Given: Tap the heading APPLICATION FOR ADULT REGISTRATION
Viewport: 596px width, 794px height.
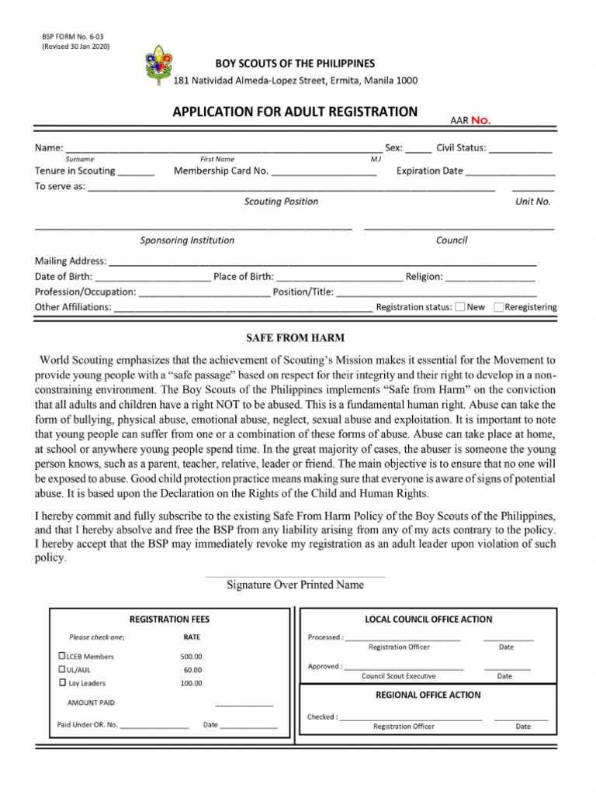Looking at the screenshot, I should pyautogui.click(x=295, y=112).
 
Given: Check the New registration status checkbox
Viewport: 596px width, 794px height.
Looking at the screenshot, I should pyautogui.click(x=460, y=307).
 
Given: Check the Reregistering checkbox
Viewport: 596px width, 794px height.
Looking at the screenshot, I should pyautogui.click(x=498, y=307).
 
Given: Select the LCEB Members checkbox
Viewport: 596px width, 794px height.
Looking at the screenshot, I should pyautogui.click(x=63, y=656).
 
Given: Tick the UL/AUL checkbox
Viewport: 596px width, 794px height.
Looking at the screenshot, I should pyautogui.click(x=63, y=669).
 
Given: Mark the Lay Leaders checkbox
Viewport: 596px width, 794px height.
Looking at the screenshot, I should pyautogui.click(x=63, y=683).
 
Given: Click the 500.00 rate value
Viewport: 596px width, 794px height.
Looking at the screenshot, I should pyautogui.click(x=191, y=657).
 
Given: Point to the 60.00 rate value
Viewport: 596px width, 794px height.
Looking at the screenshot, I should pyautogui.click(x=192, y=670).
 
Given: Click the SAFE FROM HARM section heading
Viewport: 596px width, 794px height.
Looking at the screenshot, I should pyautogui.click(x=295, y=338).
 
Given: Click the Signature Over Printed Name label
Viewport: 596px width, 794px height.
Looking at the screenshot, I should pyautogui.click(x=295, y=585).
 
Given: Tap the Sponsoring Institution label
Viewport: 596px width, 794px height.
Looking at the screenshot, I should pyautogui.click(x=187, y=240).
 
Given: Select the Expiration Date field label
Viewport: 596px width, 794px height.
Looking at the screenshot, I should pyautogui.click(x=429, y=171).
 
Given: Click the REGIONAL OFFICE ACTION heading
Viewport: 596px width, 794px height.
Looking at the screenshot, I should pyautogui.click(x=428, y=695).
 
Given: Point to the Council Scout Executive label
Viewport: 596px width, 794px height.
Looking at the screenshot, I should pyautogui.click(x=399, y=676).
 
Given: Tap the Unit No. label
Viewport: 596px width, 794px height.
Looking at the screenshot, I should pyautogui.click(x=533, y=202).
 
